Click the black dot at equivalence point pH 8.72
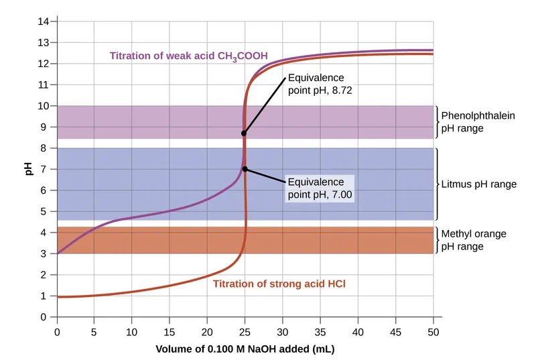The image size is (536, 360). [244, 133]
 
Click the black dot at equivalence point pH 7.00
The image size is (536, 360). [245, 170]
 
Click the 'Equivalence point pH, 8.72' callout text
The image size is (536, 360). [320, 84]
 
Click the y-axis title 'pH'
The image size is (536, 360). [29, 168]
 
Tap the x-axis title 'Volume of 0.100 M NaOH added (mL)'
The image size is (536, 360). [245, 349]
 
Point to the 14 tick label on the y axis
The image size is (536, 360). [44, 21]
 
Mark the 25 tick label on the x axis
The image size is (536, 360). [245, 331]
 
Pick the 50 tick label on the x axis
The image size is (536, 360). [433, 331]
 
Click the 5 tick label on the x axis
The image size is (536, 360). [94, 331]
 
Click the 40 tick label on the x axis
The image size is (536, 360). [358, 331]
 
